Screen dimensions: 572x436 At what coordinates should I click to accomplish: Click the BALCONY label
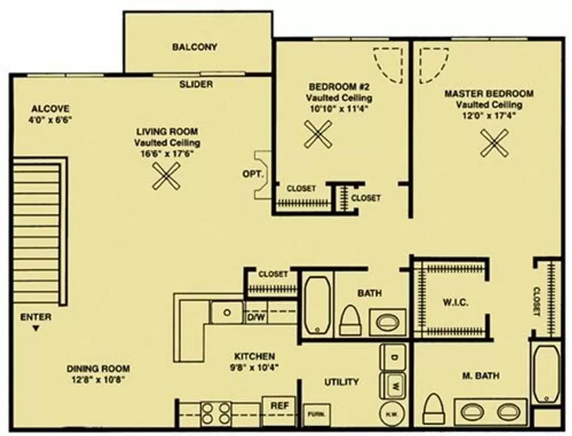(x=195, y=47)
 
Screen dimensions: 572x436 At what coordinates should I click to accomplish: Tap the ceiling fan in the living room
(x=166, y=176)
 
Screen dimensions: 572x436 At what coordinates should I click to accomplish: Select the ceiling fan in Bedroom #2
(x=318, y=134)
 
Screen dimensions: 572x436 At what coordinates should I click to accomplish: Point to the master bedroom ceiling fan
(x=494, y=143)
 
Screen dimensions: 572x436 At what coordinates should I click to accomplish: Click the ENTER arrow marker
(x=36, y=329)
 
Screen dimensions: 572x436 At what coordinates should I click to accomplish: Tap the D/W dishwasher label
(x=256, y=317)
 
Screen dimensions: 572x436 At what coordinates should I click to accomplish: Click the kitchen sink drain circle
(x=227, y=312)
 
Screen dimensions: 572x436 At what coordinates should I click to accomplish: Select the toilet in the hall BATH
(x=351, y=321)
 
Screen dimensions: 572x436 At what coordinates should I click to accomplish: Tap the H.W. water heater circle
(x=392, y=414)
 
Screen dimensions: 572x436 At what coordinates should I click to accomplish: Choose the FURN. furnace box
(x=317, y=414)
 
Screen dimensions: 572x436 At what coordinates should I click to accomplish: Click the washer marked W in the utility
(x=393, y=386)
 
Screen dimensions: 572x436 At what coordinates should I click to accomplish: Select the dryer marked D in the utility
(x=393, y=357)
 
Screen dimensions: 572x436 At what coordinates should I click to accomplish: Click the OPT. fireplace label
(x=253, y=174)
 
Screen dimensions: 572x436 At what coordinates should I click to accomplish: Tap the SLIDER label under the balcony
(x=196, y=84)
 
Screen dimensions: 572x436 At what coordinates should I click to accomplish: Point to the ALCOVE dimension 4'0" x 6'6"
(x=50, y=120)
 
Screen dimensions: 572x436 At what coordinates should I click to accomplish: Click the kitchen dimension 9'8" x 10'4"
(x=254, y=367)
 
